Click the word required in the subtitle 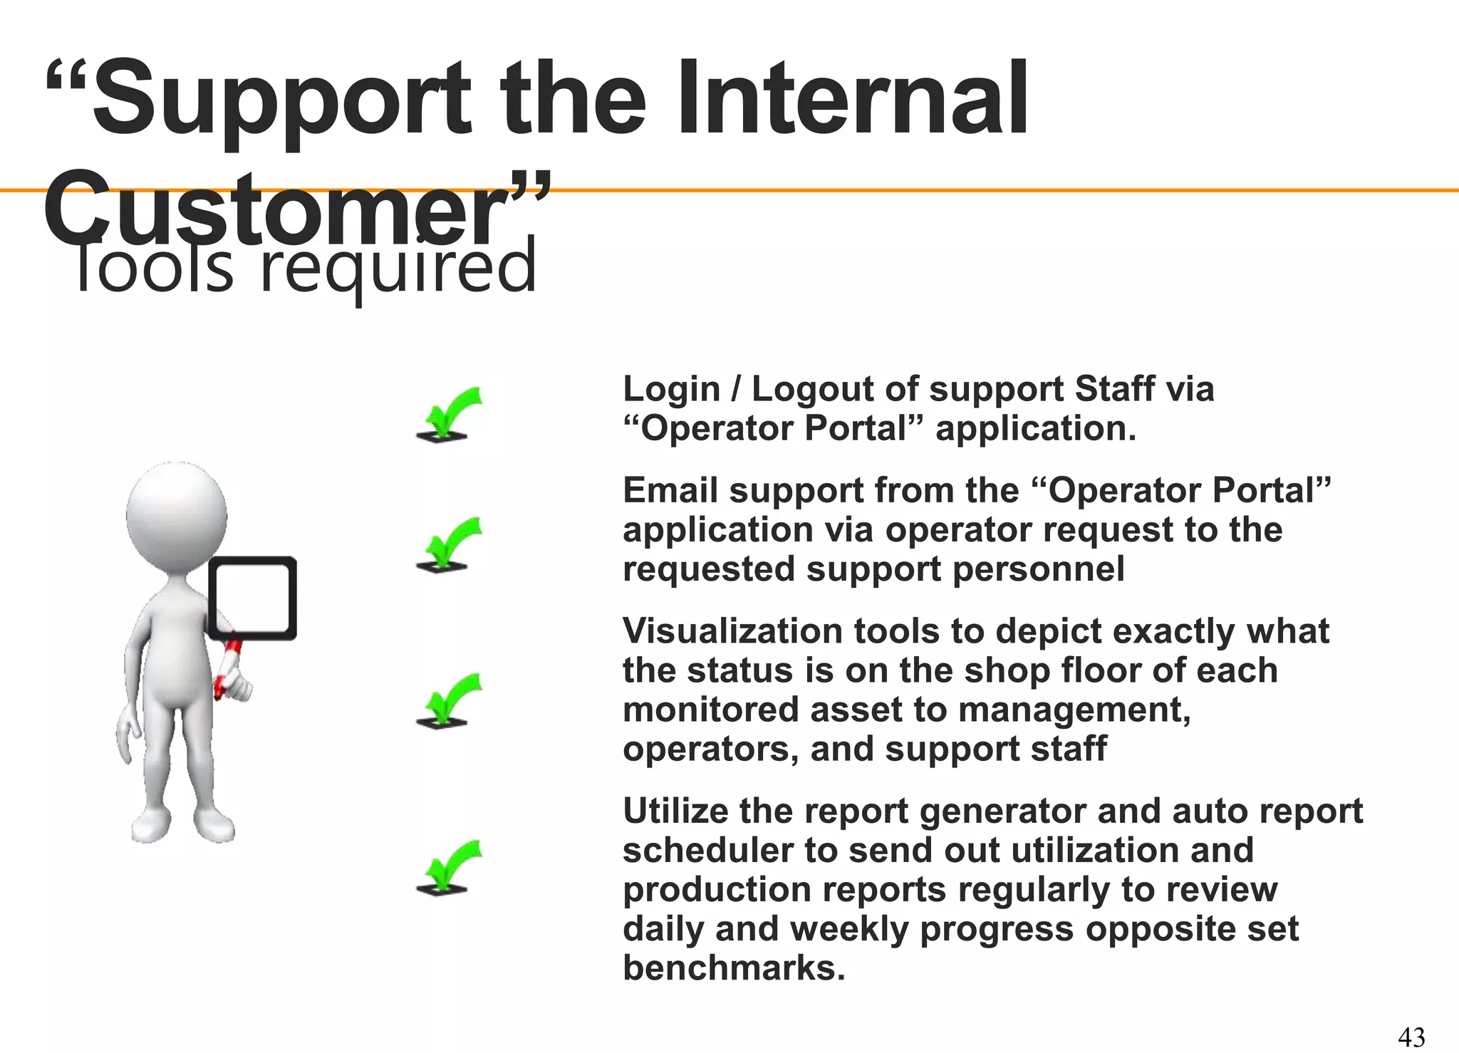(x=398, y=268)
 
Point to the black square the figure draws (x=253, y=598)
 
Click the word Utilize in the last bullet (x=674, y=811)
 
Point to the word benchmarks (x=734, y=968)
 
